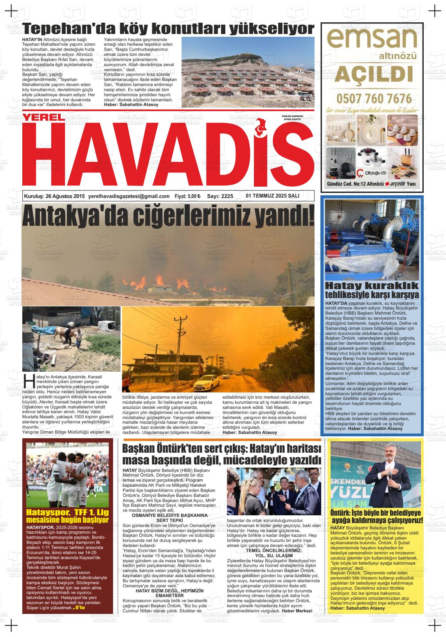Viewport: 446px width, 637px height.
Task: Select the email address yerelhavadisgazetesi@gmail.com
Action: [x=129, y=196]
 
